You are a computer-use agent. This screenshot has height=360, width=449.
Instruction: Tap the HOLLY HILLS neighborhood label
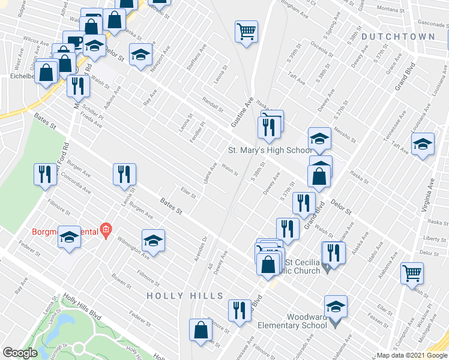[x=185, y=296]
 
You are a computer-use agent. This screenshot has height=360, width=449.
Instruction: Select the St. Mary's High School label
[x=270, y=150]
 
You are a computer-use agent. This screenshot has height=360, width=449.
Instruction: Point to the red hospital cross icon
[x=106, y=229]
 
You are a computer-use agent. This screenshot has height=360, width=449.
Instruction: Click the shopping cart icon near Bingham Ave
[x=246, y=31]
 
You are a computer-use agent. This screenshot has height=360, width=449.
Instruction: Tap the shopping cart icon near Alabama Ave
[x=412, y=273]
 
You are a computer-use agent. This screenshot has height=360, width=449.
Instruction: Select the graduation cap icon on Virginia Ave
[x=423, y=144]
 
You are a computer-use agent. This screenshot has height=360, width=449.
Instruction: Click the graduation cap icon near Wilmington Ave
[x=153, y=240]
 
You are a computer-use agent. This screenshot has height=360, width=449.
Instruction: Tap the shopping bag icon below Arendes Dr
[x=200, y=329]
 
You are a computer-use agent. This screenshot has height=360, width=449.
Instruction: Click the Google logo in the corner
[x=20, y=353]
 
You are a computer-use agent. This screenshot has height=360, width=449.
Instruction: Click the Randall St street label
[x=212, y=106]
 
